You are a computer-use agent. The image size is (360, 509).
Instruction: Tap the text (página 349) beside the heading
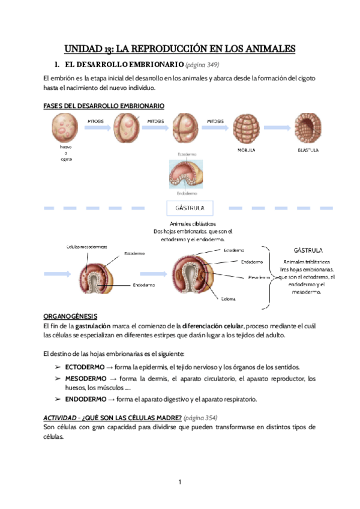[x=206, y=64]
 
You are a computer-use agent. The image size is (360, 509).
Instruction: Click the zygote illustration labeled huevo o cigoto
[x=65, y=128]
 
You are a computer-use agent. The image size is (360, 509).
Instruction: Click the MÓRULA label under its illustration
[x=247, y=150]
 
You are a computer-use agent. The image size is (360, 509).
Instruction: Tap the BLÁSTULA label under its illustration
[x=308, y=150]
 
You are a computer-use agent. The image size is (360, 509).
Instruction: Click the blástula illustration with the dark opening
[x=308, y=128]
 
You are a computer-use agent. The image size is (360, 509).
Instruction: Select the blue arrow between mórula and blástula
[x=277, y=128]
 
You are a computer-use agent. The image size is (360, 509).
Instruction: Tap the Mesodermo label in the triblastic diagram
[x=260, y=277]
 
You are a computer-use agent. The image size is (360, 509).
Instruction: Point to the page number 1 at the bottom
[x=179, y=482]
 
